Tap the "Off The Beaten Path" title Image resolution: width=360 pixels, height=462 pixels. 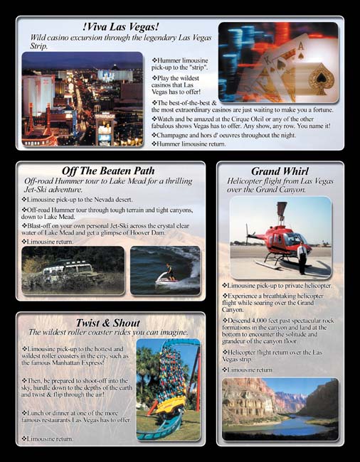point(108,171)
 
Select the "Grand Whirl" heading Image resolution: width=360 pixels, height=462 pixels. point(280,171)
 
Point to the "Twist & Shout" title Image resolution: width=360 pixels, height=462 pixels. point(107,323)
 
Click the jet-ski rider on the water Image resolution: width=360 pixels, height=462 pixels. point(169,272)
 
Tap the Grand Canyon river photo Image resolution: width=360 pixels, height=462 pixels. point(280,409)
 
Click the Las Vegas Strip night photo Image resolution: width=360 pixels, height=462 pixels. point(82,98)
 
